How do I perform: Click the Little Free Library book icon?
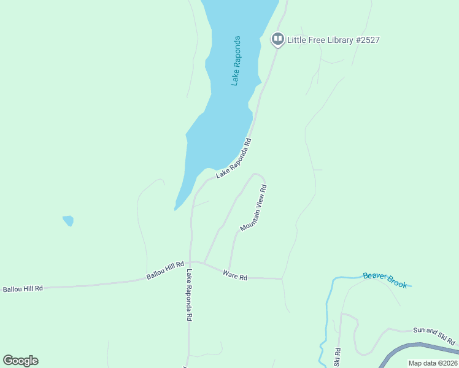click(277, 40)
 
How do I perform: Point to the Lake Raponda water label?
click(236, 61)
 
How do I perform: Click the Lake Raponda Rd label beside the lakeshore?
click(234, 159)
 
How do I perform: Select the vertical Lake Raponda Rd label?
click(190, 296)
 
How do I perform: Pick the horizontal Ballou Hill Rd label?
click(23, 288)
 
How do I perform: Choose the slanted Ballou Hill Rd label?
click(165, 270)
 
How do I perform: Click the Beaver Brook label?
click(385, 280)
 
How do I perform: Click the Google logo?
click(21, 361)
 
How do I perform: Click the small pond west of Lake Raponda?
click(68, 220)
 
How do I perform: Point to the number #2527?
click(366, 40)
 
